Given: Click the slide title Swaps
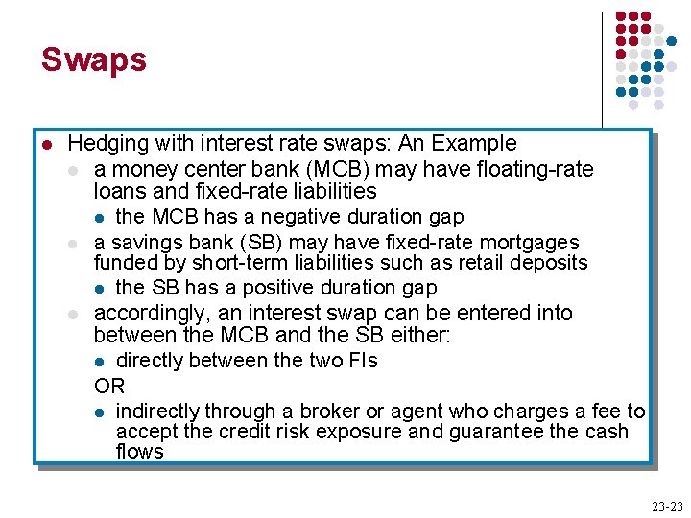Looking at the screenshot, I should pyautogui.click(x=93, y=59).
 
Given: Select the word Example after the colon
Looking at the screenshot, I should pyautogui.click(x=474, y=144).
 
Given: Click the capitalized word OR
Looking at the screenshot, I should pyautogui.click(x=109, y=387).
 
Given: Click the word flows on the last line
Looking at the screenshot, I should pyautogui.click(x=139, y=452).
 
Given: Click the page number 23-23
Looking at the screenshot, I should pyautogui.click(x=666, y=506).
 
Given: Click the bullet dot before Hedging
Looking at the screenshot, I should pyautogui.click(x=45, y=145).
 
